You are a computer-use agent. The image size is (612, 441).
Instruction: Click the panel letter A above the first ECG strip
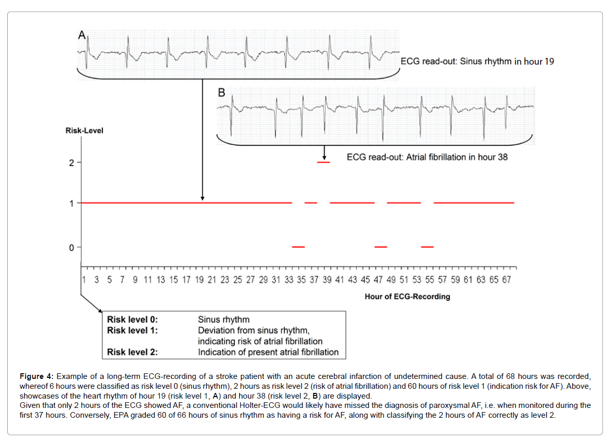(x=82, y=35)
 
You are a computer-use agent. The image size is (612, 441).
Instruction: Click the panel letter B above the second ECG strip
(x=222, y=93)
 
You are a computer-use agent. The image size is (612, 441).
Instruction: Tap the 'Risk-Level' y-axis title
(x=84, y=131)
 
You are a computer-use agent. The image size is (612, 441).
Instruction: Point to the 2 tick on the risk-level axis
(x=72, y=163)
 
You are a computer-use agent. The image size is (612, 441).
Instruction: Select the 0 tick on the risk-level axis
(x=72, y=248)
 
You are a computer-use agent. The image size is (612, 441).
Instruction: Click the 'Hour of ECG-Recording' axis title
(x=407, y=297)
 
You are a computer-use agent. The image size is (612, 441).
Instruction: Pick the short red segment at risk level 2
(x=324, y=162)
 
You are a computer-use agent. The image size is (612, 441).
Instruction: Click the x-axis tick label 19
(x=199, y=280)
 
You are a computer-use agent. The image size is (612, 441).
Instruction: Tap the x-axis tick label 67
(x=507, y=280)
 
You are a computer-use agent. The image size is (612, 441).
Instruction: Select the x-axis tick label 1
(x=84, y=280)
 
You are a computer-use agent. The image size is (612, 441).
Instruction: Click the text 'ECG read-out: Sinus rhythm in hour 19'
(x=477, y=62)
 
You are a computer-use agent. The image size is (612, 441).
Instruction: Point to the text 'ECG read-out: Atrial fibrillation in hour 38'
(x=427, y=157)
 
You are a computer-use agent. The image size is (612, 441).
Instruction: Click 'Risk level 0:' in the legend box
(x=132, y=320)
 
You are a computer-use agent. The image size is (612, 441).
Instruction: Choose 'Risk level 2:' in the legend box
(x=132, y=353)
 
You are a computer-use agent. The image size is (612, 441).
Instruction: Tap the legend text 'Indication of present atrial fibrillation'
(x=268, y=353)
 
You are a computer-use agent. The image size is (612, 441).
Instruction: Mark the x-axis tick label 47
(x=378, y=280)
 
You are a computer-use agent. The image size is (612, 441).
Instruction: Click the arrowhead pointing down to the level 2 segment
(x=324, y=157)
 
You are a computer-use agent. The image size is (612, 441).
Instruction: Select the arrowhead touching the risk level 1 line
(x=202, y=198)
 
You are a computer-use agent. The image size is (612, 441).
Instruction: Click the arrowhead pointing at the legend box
(x=100, y=310)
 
